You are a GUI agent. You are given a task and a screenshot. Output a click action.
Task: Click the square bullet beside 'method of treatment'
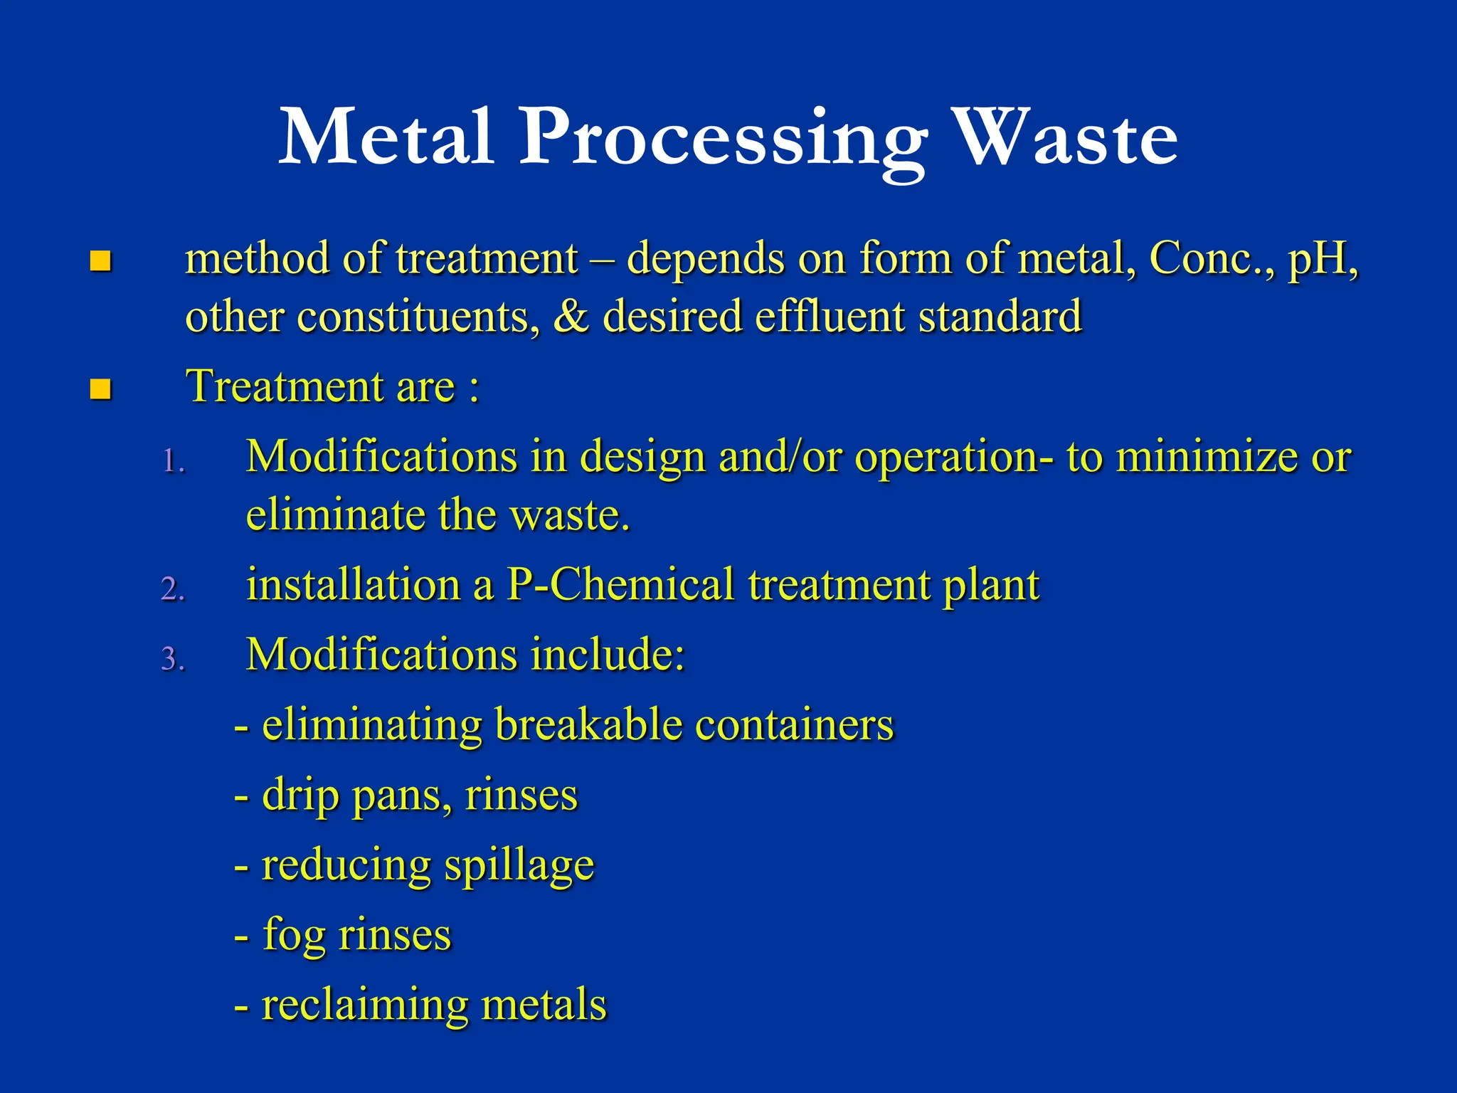pyautogui.click(x=101, y=261)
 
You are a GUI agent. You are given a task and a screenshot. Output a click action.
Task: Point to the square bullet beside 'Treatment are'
pyautogui.click(x=101, y=389)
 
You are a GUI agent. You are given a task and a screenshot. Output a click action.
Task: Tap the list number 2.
pyautogui.click(x=173, y=589)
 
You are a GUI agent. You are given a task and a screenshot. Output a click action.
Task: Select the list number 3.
pyautogui.click(x=173, y=659)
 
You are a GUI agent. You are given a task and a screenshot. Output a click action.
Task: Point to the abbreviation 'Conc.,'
pyautogui.click(x=1209, y=258)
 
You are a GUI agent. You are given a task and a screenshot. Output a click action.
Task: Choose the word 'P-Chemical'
pyautogui.click(x=620, y=585)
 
